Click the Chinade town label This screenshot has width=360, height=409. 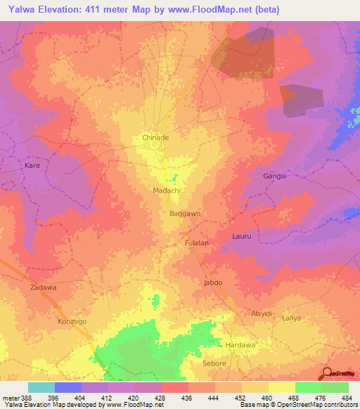(155, 138)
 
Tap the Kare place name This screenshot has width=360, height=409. (32, 166)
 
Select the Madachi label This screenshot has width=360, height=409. (167, 190)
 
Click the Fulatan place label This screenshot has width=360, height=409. (196, 242)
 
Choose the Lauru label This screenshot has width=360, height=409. (242, 237)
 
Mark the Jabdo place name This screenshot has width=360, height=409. (212, 283)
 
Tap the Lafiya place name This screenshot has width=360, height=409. (311, 318)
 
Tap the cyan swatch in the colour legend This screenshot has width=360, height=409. (41, 387)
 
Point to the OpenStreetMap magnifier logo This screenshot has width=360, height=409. (326, 373)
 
